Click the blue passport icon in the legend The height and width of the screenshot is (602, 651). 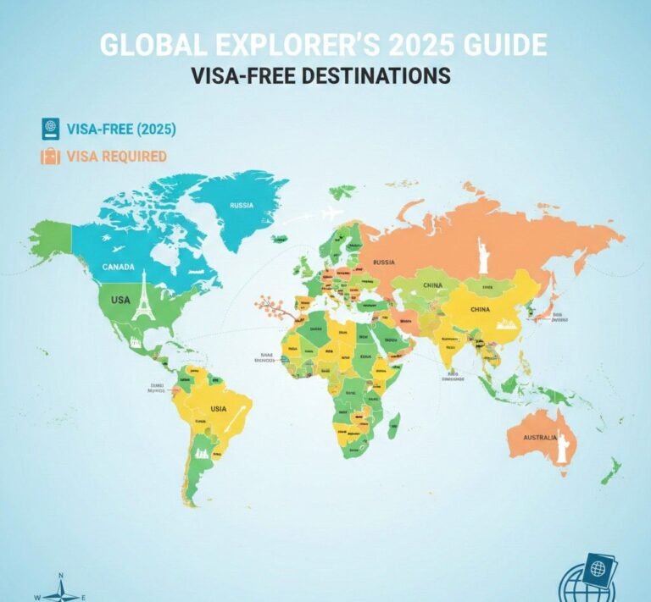tap(50, 130)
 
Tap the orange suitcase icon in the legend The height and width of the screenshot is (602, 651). tap(50, 157)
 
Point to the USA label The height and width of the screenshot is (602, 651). tap(120, 301)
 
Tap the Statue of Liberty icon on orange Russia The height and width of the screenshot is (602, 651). tap(484, 254)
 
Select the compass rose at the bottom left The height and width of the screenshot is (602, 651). tap(61, 589)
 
